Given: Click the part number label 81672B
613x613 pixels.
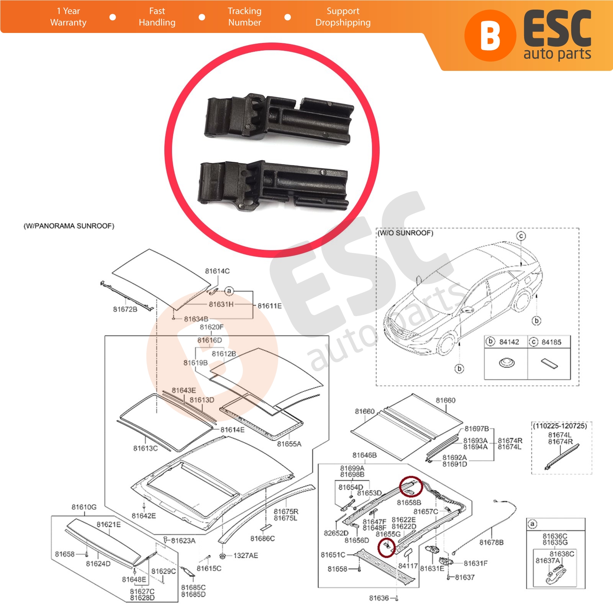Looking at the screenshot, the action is [125, 309].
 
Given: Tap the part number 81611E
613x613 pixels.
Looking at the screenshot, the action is [269, 306].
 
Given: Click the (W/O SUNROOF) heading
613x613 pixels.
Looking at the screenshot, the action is [405, 233].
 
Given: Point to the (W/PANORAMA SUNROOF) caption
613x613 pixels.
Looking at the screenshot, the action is [69, 226].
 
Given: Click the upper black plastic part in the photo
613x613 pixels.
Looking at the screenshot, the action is [279, 118].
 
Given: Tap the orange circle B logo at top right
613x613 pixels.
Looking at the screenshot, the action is [490, 36].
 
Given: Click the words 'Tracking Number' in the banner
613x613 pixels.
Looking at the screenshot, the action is [244, 17].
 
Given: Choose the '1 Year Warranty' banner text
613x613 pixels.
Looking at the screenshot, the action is [68, 17].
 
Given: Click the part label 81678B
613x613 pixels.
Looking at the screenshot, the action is [492, 543].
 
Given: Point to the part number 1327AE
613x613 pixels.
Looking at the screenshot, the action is [246, 556].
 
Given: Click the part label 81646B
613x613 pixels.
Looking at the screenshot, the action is [364, 455].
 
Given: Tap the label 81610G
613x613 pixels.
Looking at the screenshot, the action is [84, 507].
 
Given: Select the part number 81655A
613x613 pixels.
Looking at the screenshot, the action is [289, 444].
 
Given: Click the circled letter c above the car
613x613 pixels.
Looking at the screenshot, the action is [521, 236].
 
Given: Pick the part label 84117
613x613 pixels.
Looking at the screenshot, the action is [408, 566].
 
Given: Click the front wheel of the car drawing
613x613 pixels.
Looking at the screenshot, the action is [446, 344].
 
